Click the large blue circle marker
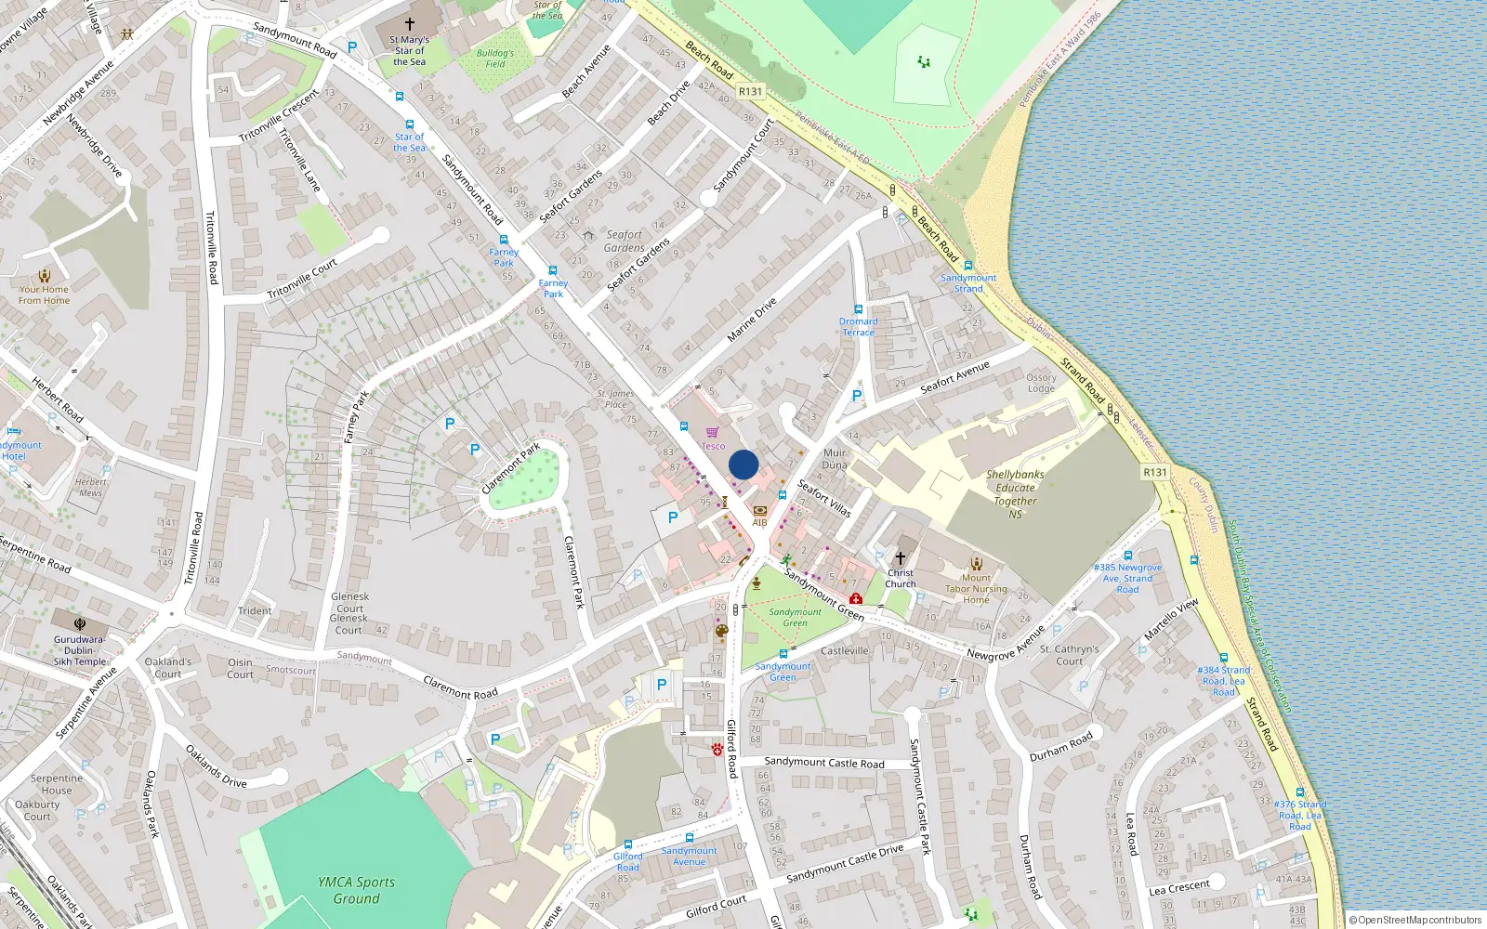click(743, 464)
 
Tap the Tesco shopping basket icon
click(712, 432)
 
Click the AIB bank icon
click(759, 510)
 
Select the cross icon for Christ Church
click(900, 558)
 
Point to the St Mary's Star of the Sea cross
click(409, 24)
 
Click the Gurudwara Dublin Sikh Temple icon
click(79, 625)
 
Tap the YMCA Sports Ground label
click(356, 890)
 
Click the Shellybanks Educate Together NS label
click(1015, 494)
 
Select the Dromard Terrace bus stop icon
click(858, 309)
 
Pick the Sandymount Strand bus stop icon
click(967, 266)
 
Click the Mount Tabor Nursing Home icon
click(976, 563)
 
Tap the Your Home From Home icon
click(44, 276)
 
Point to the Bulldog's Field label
click(495, 59)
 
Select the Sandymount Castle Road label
click(824, 763)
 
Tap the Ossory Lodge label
click(1041, 383)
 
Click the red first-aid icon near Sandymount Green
click(855, 598)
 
